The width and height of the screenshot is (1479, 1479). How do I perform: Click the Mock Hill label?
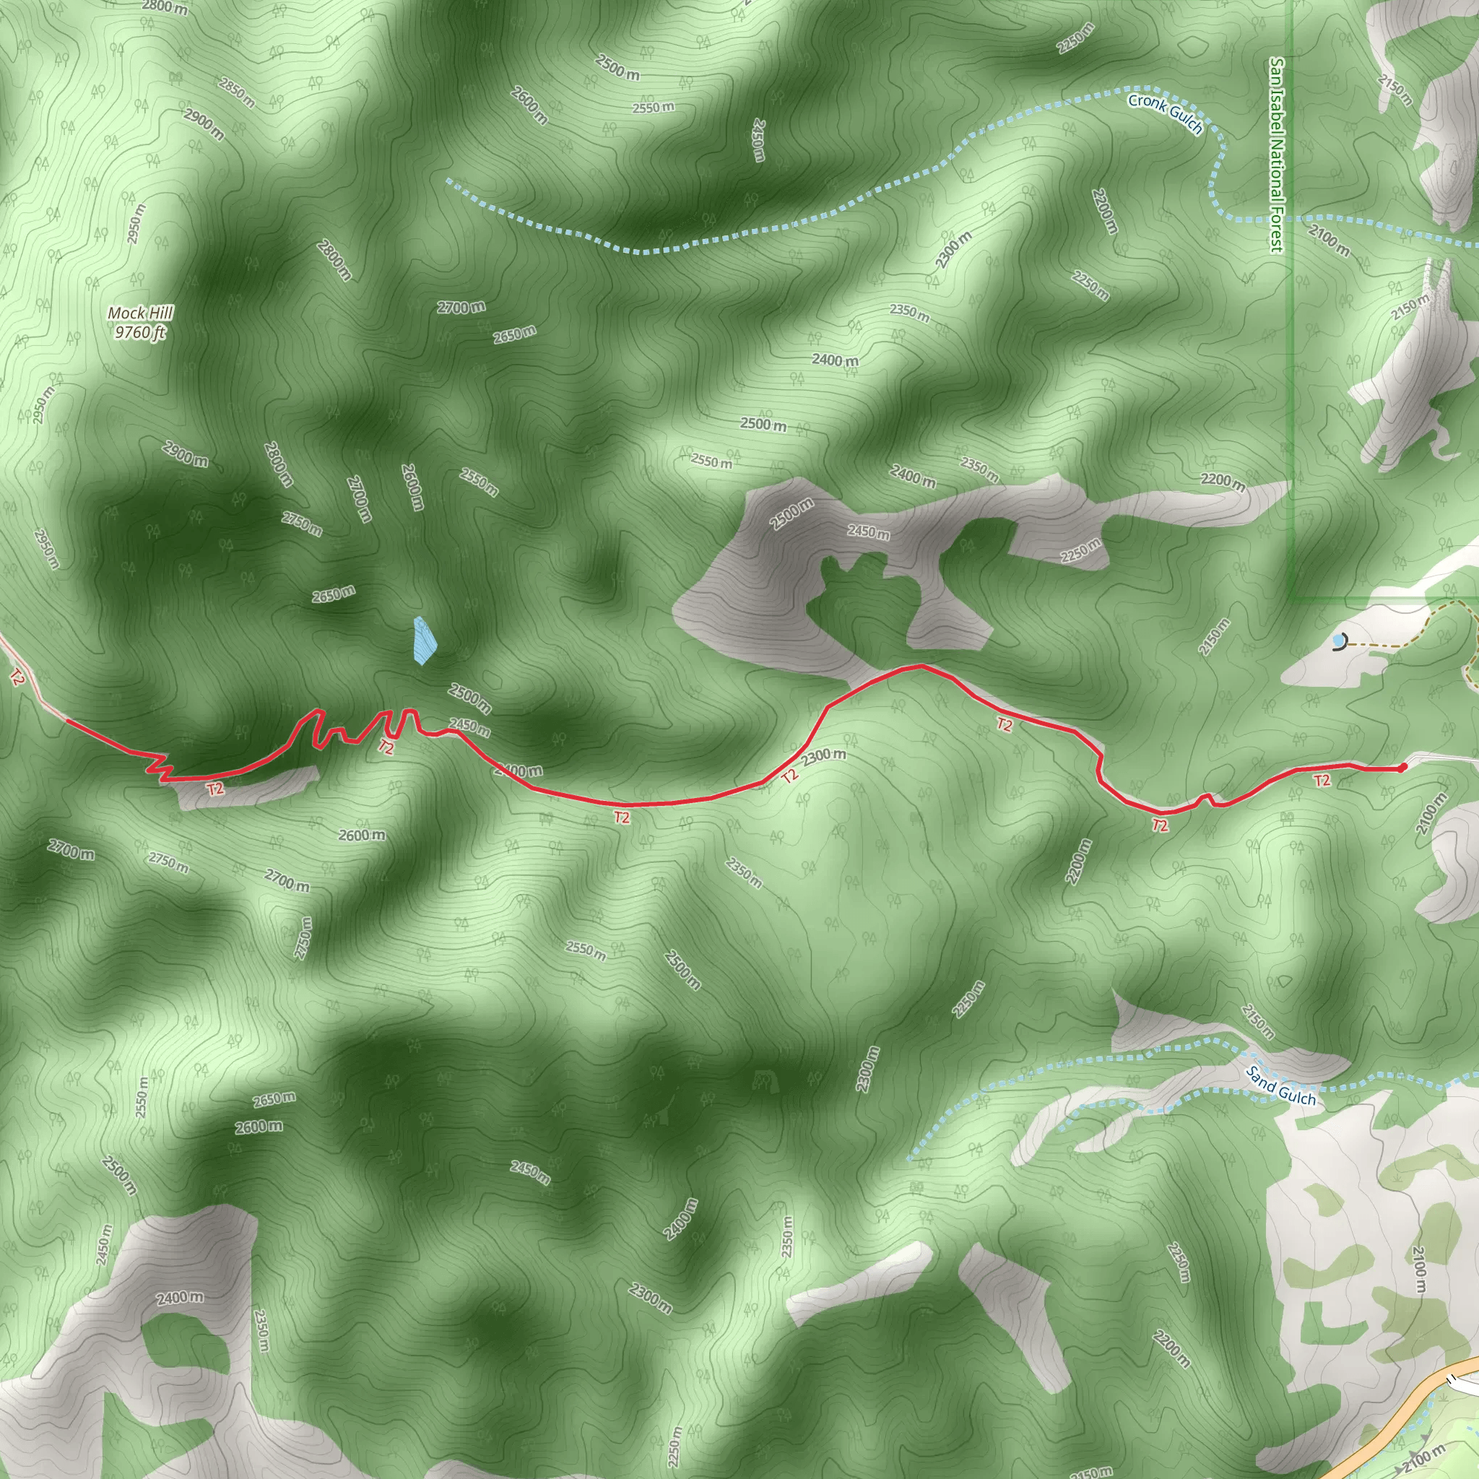pos(140,312)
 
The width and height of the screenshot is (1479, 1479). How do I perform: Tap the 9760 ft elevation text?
pos(140,332)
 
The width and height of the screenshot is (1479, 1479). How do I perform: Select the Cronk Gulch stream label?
pos(1165,113)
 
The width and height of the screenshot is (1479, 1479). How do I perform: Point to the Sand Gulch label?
pos(1280,1086)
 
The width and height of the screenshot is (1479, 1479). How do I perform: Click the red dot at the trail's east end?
pos(1402,767)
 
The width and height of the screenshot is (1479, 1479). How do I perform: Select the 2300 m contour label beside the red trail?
pos(824,756)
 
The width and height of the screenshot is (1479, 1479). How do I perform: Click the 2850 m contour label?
pos(237,92)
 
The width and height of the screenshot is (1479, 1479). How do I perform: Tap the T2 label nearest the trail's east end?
pos(1322,781)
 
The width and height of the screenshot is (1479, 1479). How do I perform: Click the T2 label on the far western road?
pos(17,677)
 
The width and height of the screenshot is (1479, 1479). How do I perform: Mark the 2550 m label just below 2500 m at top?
pos(653,108)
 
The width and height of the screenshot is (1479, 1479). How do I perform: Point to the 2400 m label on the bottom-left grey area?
pos(181,1298)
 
